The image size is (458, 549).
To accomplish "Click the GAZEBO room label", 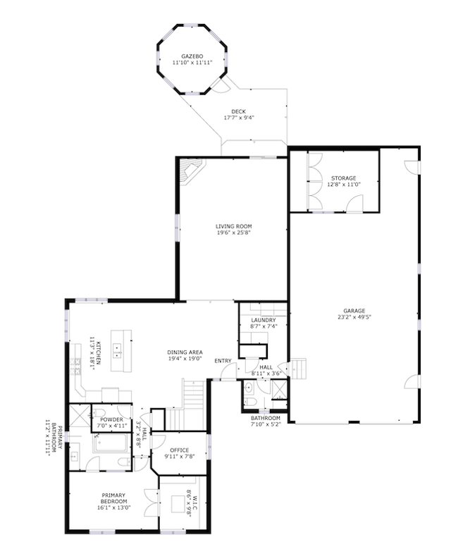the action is click(192, 56).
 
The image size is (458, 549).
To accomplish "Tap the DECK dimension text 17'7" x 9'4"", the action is click(238, 118).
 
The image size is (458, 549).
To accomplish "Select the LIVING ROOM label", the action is click(233, 226).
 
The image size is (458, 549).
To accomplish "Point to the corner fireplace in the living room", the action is click(191, 171).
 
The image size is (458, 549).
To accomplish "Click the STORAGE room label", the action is click(344, 178).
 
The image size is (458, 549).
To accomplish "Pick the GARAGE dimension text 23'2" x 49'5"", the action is click(354, 317).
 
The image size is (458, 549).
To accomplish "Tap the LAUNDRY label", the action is click(264, 320).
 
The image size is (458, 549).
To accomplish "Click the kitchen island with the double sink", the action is click(121, 350).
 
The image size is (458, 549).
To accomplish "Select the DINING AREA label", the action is click(185, 352).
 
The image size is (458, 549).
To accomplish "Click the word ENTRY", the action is click(223, 361).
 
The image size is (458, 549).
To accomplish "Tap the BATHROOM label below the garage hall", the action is click(266, 418).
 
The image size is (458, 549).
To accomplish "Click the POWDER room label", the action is click(112, 419).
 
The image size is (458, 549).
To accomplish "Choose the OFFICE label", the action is click(179, 450).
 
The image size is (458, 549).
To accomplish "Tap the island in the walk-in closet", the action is click(178, 504).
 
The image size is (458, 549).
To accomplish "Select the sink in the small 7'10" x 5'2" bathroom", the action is click(248, 388).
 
